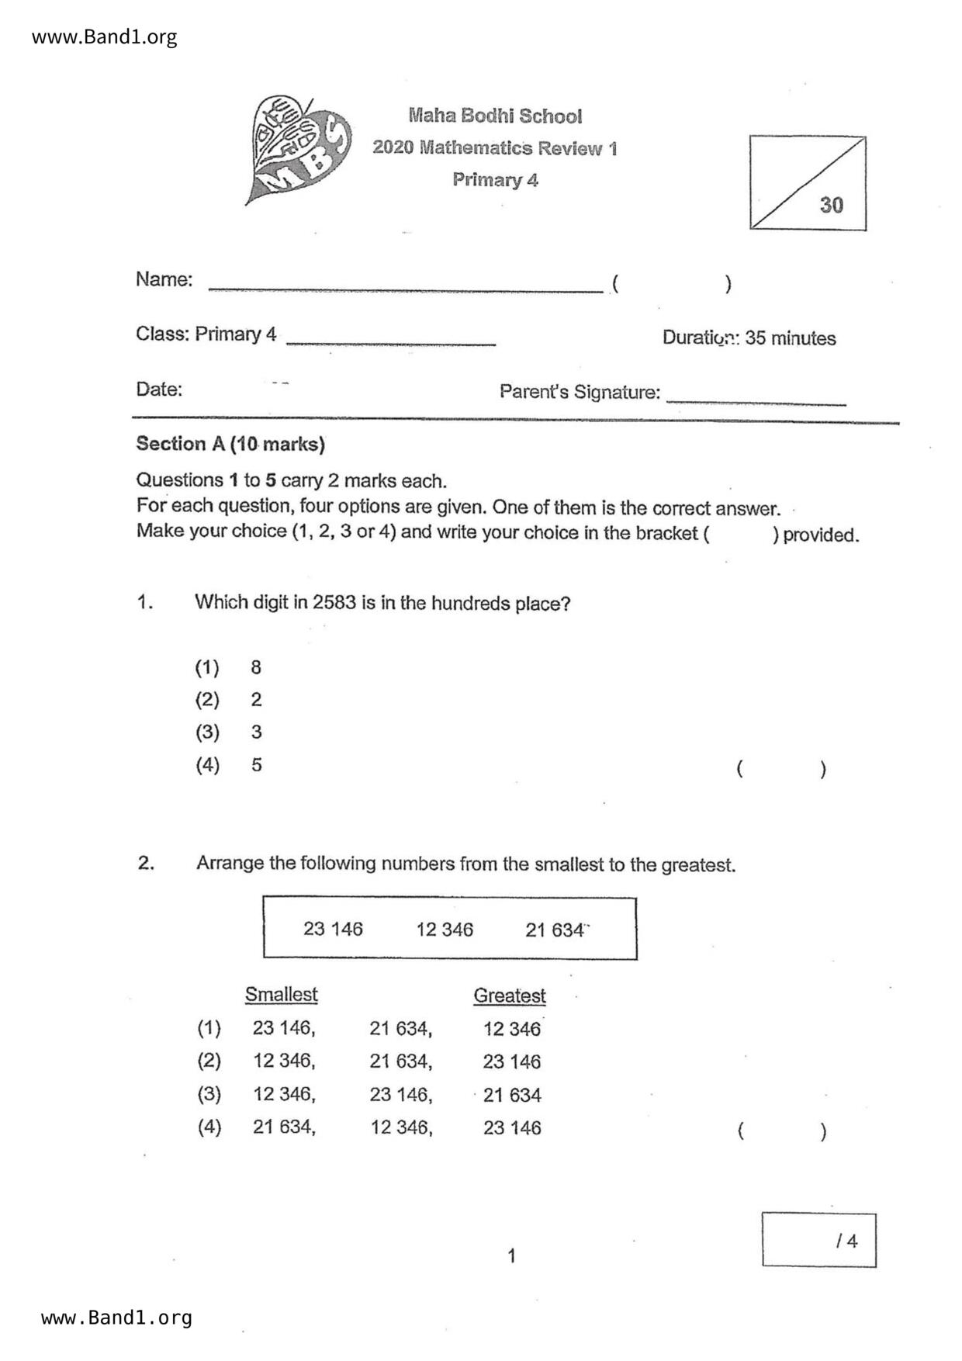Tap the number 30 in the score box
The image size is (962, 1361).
coord(831,205)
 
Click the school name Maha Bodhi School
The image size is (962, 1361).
coord(495,116)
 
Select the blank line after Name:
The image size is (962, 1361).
coord(405,287)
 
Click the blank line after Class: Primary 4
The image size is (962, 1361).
coord(391,340)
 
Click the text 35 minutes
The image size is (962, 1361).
coord(790,338)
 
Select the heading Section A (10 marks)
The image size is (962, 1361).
coord(230,444)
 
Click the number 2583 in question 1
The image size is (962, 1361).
coord(334,603)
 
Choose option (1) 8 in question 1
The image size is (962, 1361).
coord(228,667)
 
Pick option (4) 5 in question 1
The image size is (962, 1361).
coord(228,765)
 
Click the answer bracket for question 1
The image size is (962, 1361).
coord(780,769)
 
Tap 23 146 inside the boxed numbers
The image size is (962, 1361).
coord(333,929)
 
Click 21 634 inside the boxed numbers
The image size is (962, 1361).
coord(555,930)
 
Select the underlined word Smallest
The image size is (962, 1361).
coord(282,995)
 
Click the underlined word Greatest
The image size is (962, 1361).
coord(510,996)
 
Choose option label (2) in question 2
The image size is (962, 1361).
coord(209,1061)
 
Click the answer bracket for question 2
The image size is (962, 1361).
coord(780,1131)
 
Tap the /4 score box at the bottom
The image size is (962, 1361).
coord(818,1240)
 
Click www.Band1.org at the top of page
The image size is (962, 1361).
coord(105,36)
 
